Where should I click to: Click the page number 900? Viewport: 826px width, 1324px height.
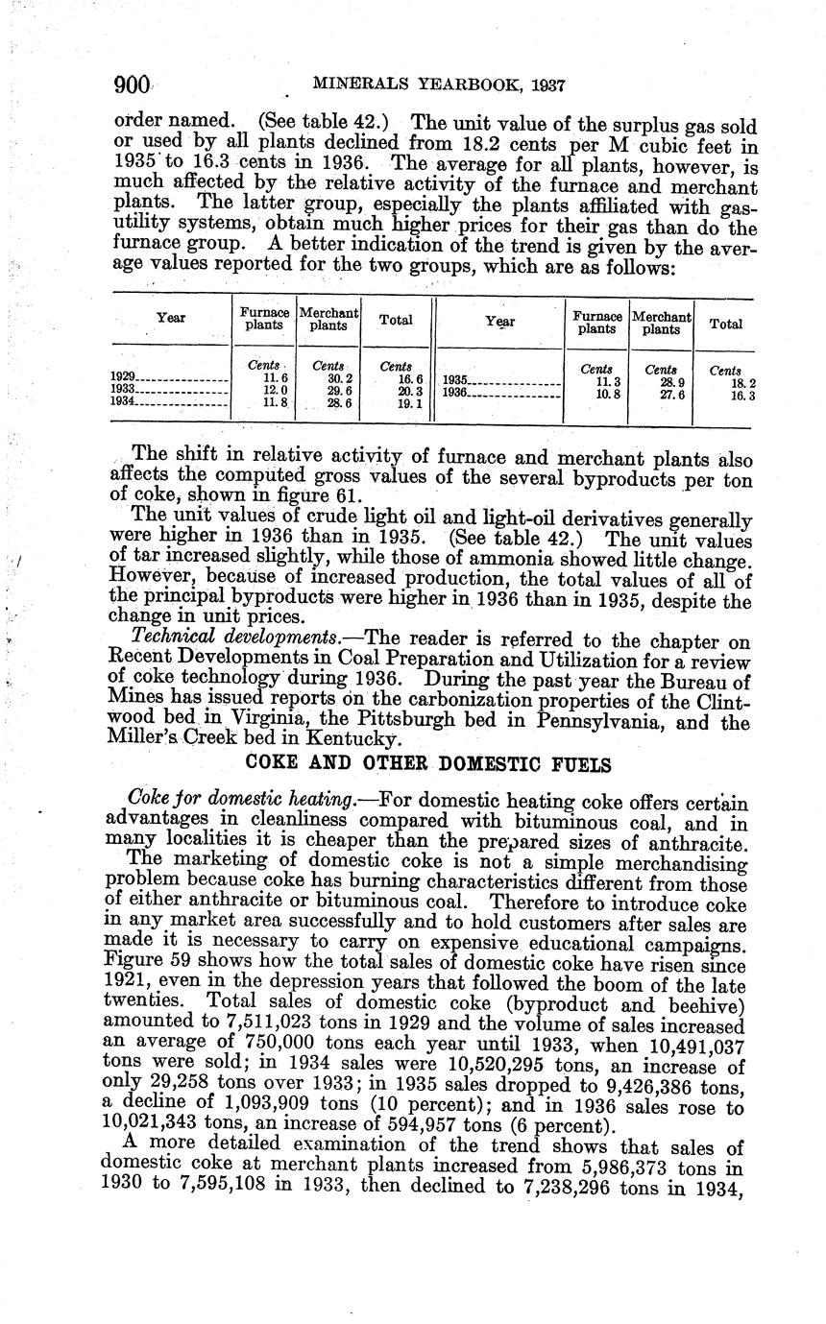[133, 85]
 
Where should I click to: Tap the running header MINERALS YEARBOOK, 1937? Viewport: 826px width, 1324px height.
[438, 85]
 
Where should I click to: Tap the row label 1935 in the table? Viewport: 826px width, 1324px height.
[453, 381]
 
